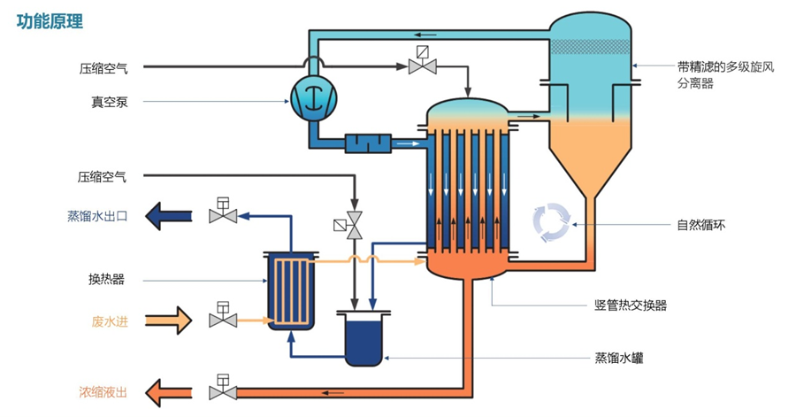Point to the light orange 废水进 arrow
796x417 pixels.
tap(167, 320)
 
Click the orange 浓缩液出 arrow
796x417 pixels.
tap(168, 390)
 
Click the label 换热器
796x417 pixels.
tap(107, 280)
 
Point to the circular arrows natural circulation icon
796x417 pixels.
tap(553, 222)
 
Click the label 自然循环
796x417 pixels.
tap(700, 225)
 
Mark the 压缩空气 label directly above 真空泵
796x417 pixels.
tap(102, 66)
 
